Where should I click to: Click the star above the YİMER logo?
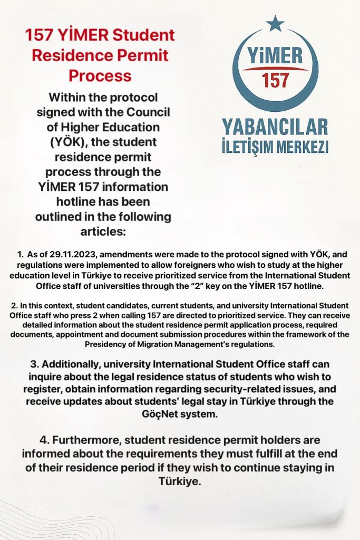click(x=275, y=23)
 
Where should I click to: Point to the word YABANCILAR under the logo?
click(x=275, y=127)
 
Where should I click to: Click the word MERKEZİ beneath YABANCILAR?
click(x=301, y=146)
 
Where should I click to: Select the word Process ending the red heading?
click(x=100, y=75)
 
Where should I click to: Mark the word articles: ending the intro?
click(x=103, y=232)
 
